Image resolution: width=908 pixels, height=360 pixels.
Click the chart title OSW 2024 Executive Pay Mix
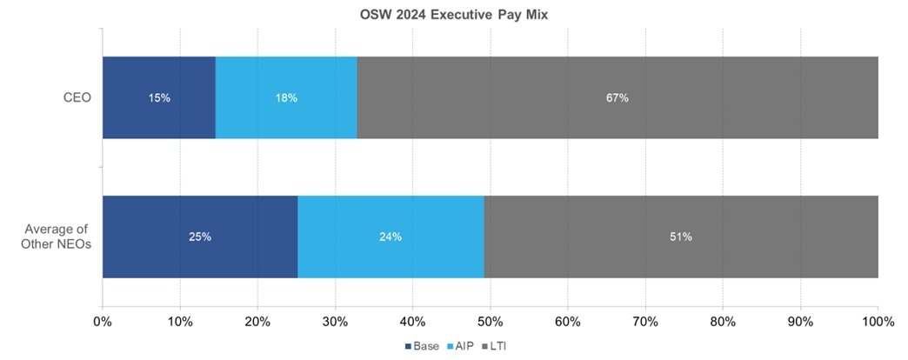[454, 15]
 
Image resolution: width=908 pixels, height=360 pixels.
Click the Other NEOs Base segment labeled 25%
[200, 252]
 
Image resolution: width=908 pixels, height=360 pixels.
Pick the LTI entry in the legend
[497, 346]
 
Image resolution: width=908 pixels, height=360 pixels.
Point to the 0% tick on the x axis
[103, 322]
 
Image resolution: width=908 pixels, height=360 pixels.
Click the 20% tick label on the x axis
[257, 322]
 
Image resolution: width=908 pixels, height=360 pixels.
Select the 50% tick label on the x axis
[490, 322]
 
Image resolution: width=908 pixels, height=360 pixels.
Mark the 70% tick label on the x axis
[644, 322]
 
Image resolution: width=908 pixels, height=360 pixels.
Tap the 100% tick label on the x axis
[878, 322]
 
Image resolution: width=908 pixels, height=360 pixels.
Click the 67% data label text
[617, 97]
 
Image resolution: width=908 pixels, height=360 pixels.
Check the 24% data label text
[391, 237]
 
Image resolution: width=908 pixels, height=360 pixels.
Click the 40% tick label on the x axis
[412, 322]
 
